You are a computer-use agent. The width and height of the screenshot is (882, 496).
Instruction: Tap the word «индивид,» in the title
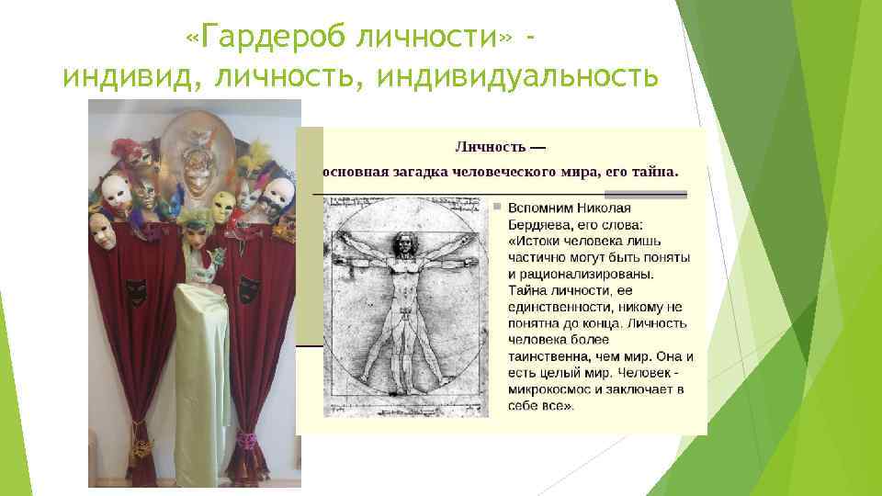click(129, 77)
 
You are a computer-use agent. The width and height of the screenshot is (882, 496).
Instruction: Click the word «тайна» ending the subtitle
click(656, 171)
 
